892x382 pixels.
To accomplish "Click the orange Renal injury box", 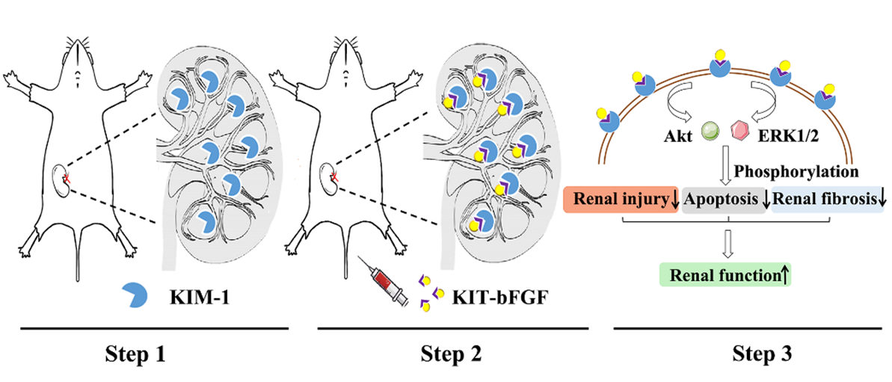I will (x=624, y=200).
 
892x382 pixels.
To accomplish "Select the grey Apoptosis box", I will (x=724, y=200).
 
